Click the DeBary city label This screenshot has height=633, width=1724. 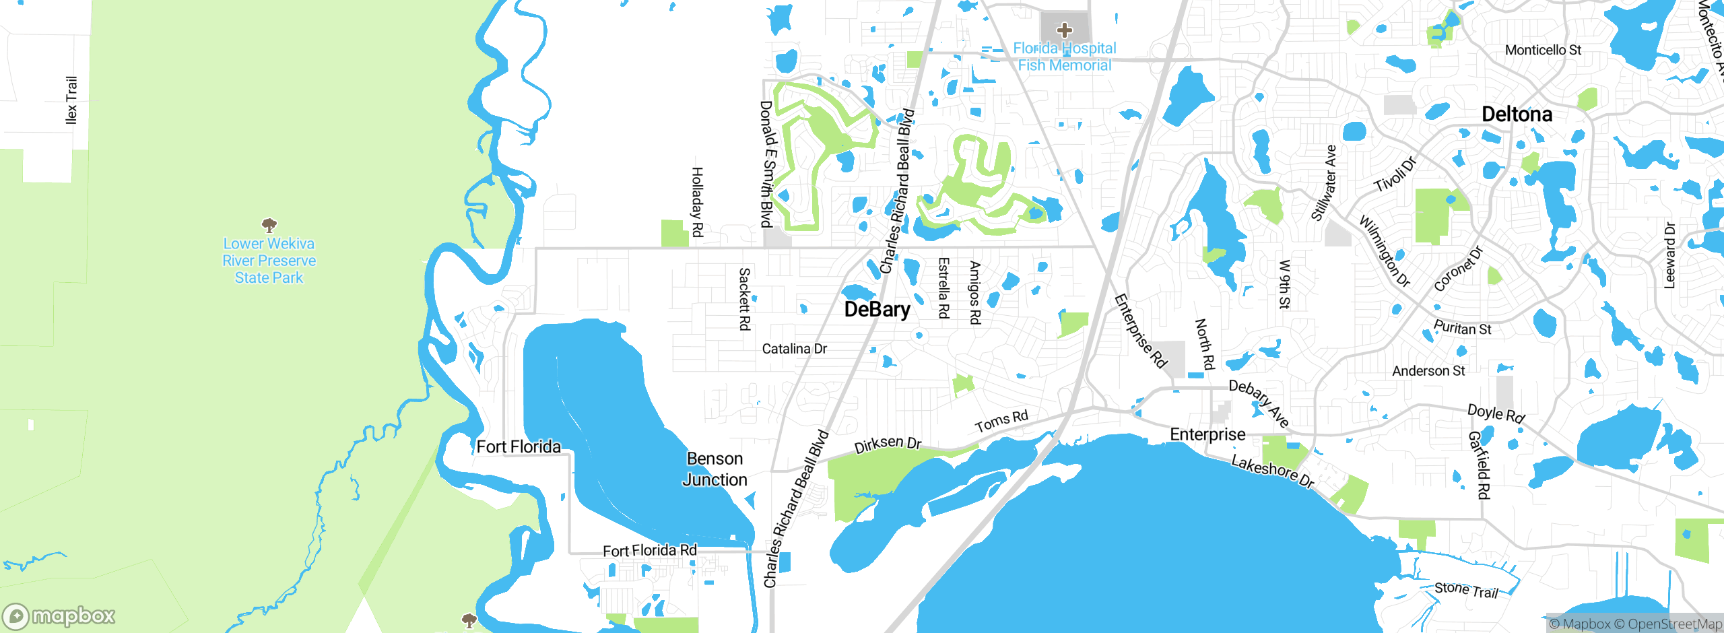(x=877, y=309)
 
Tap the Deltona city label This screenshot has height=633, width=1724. (x=1517, y=114)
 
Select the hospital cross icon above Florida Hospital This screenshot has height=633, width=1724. (x=1064, y=30)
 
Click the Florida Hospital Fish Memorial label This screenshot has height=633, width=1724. (x=1064, y=57)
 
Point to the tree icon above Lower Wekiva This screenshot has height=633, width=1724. (x=269, y=224)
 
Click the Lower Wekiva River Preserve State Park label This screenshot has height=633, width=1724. (x=269, y=261)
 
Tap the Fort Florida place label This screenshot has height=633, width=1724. (x=518, y=446)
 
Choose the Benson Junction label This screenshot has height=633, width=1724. (x=715, y=469)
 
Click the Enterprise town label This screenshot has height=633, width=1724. (x=1207, y=434)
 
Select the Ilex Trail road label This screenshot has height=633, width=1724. (x=71, y=100)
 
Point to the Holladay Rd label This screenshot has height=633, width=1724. (x=698, y=202)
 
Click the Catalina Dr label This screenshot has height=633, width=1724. (x=794, y=349)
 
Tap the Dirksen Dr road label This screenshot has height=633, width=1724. (x=888, y=444)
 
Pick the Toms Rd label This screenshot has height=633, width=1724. (x=1001, y=421)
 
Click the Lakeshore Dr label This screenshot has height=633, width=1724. (x=1272, y=471)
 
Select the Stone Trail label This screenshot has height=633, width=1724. (x=1466, y=590)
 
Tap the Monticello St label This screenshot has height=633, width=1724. (x=1543, y=50)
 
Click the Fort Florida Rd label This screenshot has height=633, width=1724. (x=649, y=551)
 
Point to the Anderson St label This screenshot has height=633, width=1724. (x=1428, y=371)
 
